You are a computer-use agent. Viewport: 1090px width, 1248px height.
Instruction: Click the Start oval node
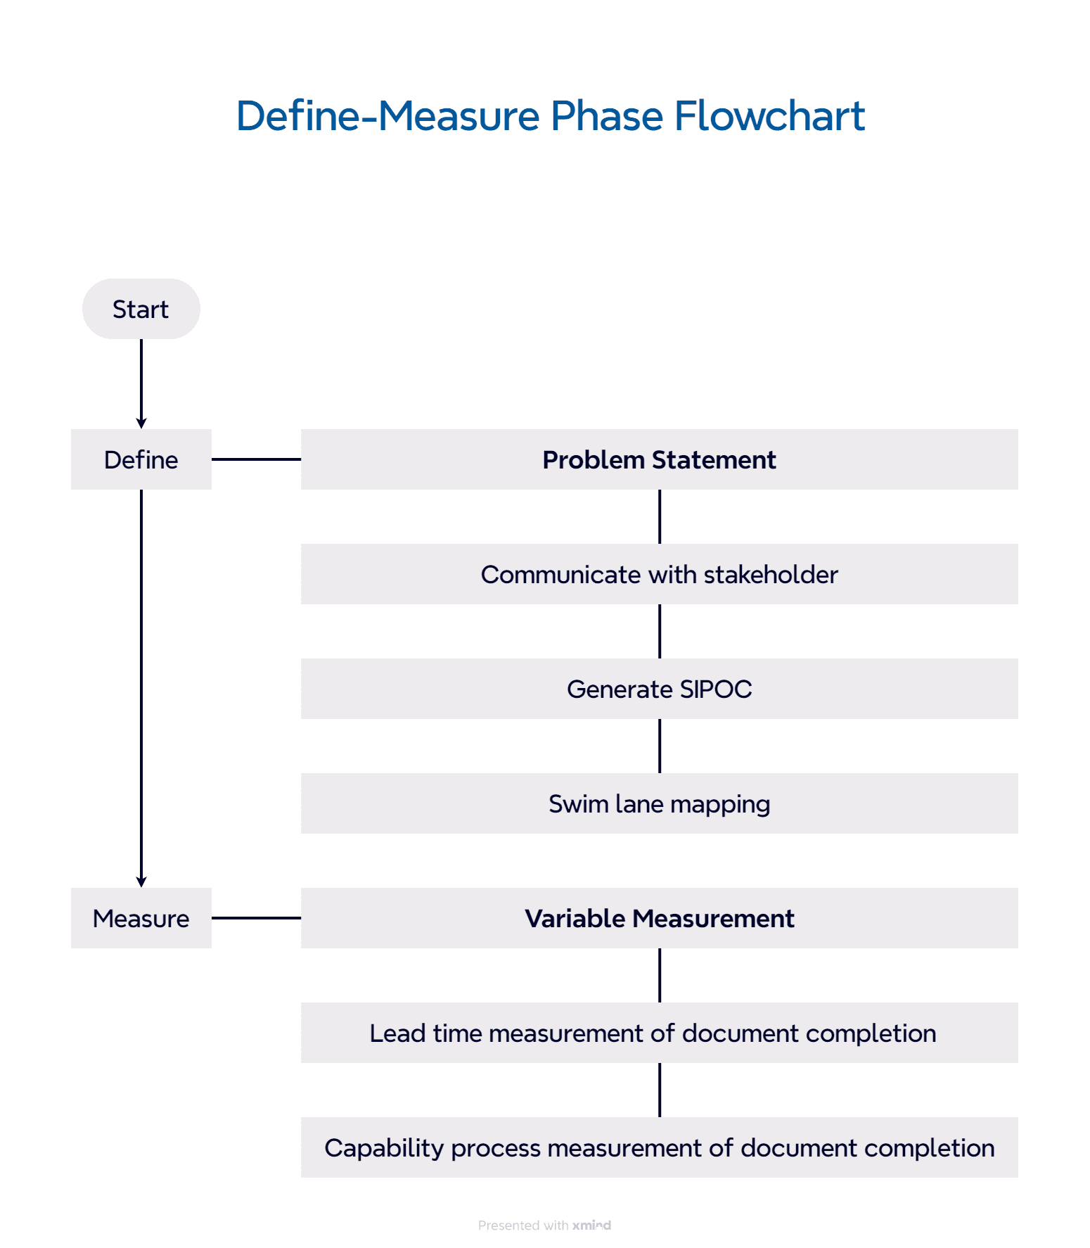(x=141, y=309)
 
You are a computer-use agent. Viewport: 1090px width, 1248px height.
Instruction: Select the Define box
(x=141, y=459)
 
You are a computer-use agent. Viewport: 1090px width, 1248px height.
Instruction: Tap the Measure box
(x=141, y=918)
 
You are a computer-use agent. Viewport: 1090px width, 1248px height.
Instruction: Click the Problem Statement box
(x=659, y=459)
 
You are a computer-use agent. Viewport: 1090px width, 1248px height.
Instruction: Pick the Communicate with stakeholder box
(x=659, y=574)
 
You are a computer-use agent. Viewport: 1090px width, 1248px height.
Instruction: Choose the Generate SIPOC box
(x=659, y=689)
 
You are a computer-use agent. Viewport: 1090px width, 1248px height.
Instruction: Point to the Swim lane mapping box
(x=659, y=803)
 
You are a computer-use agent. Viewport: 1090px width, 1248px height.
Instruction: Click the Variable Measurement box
(x=659, y=918)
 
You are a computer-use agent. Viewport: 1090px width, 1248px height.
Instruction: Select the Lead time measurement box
(x=659, y=1033)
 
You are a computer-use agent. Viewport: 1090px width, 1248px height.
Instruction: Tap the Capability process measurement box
(x=659, y=1147)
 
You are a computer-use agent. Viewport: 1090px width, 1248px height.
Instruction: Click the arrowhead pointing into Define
(x=141, y=423)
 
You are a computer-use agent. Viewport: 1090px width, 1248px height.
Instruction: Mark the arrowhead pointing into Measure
(x=141, y=881)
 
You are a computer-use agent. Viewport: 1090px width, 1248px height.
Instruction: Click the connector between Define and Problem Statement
(x=256, y=459)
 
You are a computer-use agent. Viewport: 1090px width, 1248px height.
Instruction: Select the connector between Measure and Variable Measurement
(x=256, y=918)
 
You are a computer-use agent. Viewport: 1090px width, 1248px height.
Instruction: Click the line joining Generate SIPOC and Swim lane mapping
(x=660, y=746)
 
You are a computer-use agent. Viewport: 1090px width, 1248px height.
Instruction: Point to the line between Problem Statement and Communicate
(x=660, y=516)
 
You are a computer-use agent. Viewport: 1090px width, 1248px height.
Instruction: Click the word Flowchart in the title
(x=769, y=116)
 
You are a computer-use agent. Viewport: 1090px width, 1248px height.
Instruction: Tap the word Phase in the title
(x=606, y=116)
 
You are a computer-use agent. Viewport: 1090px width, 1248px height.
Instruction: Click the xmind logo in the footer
(x=591, y=1225)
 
